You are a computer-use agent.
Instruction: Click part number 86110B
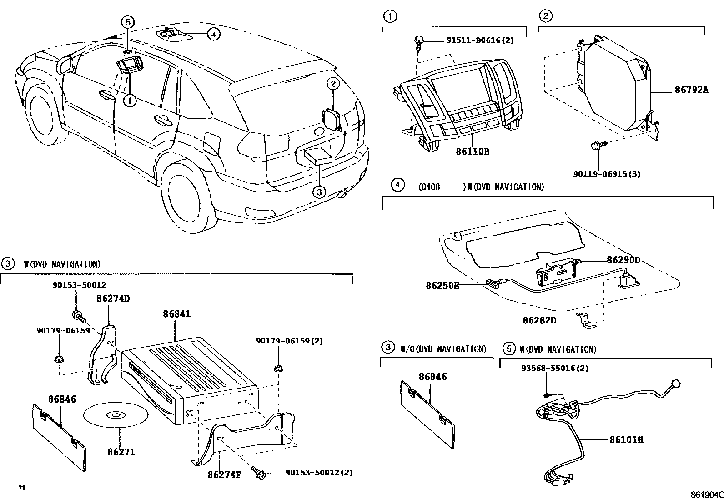(x=472, y=152)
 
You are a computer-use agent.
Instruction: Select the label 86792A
(x=691, y=90)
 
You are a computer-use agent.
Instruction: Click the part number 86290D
(x=623, y=260)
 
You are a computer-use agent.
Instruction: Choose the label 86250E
(x=442, y=285)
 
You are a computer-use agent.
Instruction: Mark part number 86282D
(x=539, y=320)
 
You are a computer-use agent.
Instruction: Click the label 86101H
(x=626, y=440)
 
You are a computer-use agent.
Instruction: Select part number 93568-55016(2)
(x=554, y=368)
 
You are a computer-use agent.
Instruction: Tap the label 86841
(x=177, y=314)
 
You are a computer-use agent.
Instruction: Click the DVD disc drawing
(x=115, y=415)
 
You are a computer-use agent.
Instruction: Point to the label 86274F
(x=224, y=475)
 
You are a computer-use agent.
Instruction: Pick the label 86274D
(x=113, y=298)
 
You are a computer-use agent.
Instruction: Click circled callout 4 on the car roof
(x=214, y=34)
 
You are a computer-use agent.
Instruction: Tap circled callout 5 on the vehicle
(x=128, y=21)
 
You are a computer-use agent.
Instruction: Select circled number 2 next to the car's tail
(x=333, y=83)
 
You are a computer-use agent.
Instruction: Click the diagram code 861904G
(x=706, y=495)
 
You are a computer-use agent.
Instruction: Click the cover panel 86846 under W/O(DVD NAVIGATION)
(x=427, y=414)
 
